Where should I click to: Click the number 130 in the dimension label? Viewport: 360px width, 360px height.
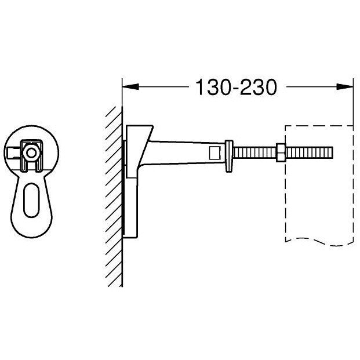coord(211,88)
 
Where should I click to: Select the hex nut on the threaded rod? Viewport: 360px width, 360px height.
coord(281,153)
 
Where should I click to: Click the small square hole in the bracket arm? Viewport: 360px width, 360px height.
coord(213,153)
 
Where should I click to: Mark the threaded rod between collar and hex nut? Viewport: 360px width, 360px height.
coord(254,153)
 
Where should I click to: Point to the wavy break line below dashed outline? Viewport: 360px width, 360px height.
coord(319,239)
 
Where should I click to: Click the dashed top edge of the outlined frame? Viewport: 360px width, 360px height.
coord(319,125)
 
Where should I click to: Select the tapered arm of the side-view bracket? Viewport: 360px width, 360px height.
coord(186,152)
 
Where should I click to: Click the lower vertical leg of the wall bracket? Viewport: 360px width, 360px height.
coord(132,214)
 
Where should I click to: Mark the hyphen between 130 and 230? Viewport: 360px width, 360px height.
coord(234,89)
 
